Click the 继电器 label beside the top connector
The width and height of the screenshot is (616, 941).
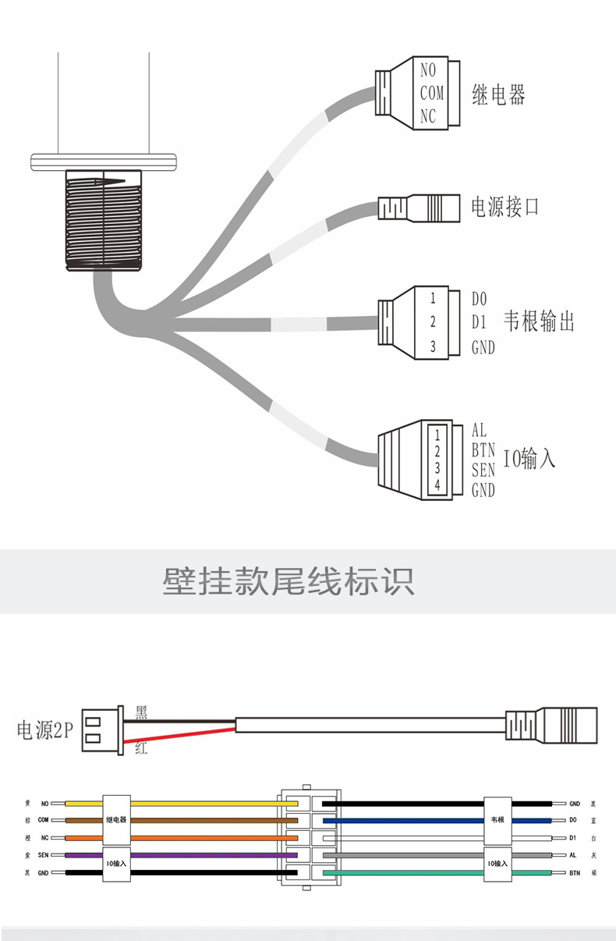click(499, 95)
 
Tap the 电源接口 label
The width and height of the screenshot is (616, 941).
click(505, 207)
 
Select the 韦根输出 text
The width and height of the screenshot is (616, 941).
click(540, 321)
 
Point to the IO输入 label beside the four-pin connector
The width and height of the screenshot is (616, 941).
click(529, 460)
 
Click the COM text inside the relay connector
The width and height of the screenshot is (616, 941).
click(431, 94)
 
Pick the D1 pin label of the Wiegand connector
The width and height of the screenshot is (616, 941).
click(480, 321)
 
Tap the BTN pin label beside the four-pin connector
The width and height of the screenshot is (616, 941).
click(483, 450)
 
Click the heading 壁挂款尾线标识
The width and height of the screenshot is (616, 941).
click(289, 581)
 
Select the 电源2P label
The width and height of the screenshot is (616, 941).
click(44, 730)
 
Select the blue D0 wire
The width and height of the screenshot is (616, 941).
click(405, 820)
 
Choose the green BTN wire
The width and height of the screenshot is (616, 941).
click(405, 872)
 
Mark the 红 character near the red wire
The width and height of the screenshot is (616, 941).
click(141, 749)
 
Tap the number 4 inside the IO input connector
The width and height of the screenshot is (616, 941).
click(437, 485)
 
